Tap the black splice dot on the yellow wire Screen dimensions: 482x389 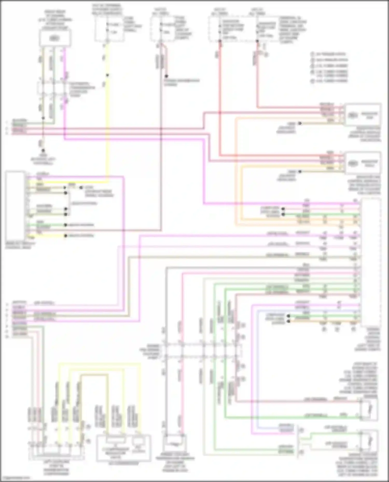[x=107, y=75]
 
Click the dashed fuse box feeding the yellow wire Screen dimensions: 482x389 [x=109, y=29]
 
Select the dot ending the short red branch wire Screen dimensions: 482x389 [x=166, y=76]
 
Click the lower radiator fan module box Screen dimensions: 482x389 [x=363, y=163]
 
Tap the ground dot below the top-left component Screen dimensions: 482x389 [x=43, y=150]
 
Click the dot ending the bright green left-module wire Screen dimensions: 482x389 [x=66, y=225]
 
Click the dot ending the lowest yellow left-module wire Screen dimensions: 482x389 [x=66, y=236]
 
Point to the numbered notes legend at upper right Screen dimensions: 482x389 [x=329, y=67]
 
